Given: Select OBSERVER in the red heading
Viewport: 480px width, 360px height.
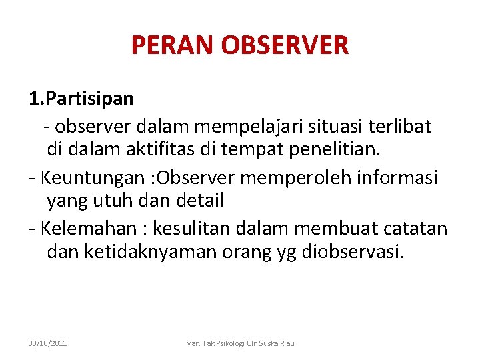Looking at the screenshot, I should (287, 45).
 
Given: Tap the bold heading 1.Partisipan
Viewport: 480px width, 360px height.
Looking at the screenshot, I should (81, 99).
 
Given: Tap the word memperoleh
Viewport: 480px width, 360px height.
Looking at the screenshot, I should (292, 177).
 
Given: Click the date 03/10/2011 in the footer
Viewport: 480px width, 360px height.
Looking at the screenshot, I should (47, 343).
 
